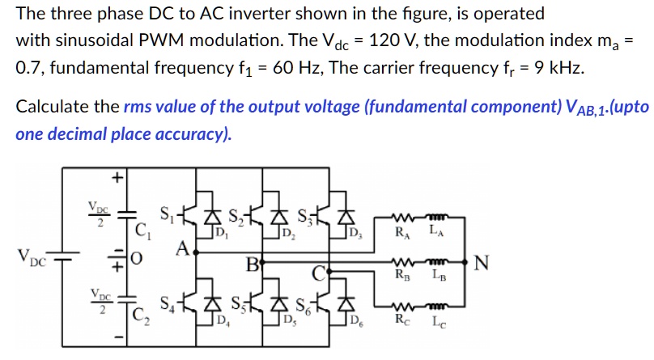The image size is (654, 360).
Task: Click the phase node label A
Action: click(184, 248)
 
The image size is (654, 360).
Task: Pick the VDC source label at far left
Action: click(32, 260)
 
